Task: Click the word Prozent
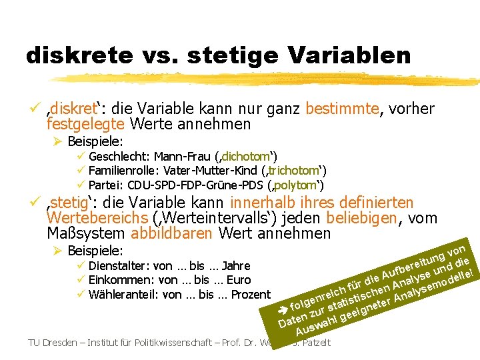pos(251,294)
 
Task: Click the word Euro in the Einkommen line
pos(239,280)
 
